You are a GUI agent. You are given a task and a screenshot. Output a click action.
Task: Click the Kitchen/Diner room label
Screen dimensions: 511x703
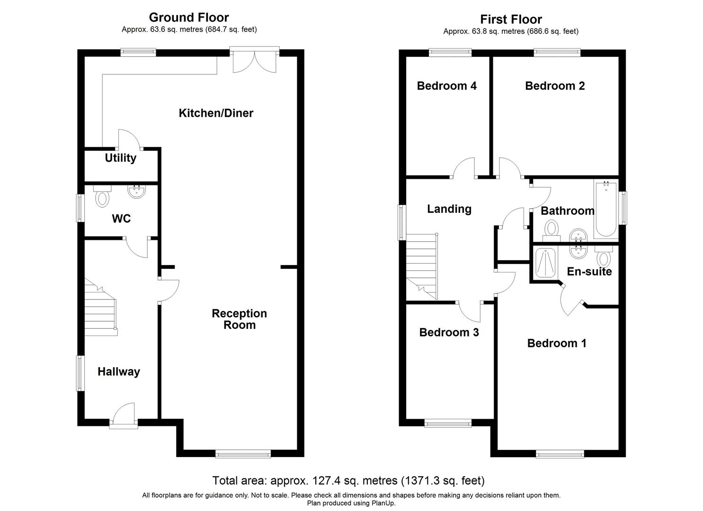pyautogui.click(x=216, y=113)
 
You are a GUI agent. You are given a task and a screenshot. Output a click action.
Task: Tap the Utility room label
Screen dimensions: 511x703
pyautogui.click(x=120, y=158)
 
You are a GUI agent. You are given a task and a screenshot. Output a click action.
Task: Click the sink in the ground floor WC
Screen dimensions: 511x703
pyautogui.click(x=137, y=192)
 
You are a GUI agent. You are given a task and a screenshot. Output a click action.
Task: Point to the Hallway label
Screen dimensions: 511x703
pyautogui.click(x=118, y=372)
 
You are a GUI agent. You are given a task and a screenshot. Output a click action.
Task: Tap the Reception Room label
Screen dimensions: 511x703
pyautogui.click(x=239, y=319)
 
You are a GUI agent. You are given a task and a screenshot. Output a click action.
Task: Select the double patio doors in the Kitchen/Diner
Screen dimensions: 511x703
pyautogui.click(x=254, y=60)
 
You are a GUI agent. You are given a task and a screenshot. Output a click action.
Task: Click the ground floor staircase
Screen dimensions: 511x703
pyautogui.click(x=100, y=308)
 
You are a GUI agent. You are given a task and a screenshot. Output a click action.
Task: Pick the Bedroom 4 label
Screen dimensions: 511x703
pyautogui.click(x=446, y=86)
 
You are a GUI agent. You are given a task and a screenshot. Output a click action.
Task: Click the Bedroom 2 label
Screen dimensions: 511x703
pyautogui.click(x=555, y=86)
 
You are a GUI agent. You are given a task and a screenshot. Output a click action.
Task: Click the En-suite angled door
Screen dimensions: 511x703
pyautogui.click(x=571, y=301)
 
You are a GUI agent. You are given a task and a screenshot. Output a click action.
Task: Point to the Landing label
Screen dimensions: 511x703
pyautogui.click(x=449, y=209)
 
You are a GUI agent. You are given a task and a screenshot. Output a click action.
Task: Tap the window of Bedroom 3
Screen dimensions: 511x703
pyautogui.click(x=448, y=423)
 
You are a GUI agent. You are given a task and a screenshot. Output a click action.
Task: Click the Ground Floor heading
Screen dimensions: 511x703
pyautogui.click(x=189, y=18)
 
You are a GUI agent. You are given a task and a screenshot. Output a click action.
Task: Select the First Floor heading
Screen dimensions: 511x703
pyautogui.click(x=511, y=19)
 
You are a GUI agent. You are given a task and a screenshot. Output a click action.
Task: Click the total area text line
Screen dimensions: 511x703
pyautogui.click(x=348, y=481)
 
